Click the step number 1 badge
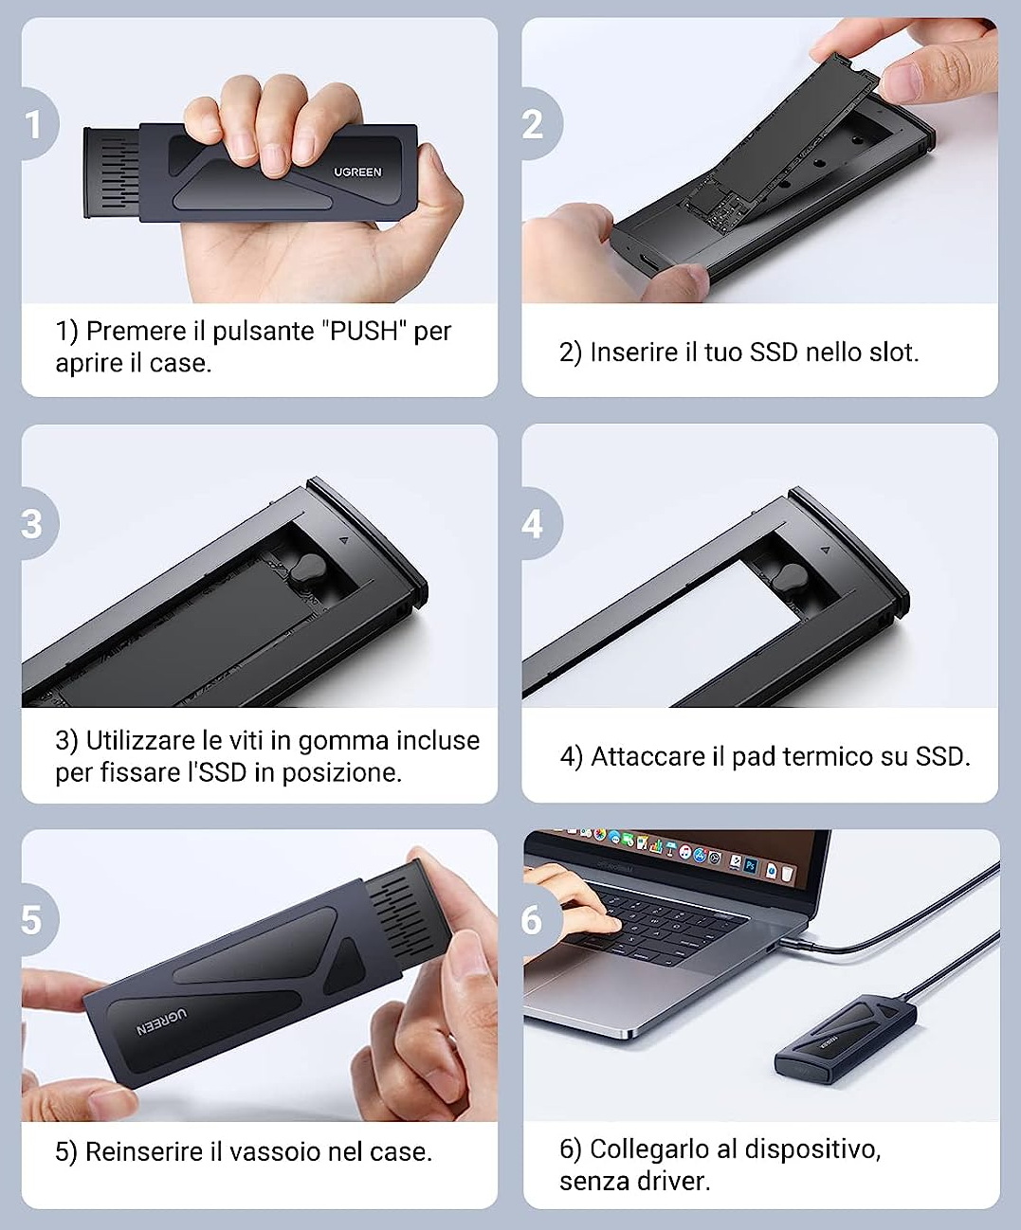(x=39, y=124)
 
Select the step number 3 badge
(x=39, y=524)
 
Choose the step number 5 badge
(x=39, y=920)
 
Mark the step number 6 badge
(x=540, y=920)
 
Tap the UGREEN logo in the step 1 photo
(x=357, y=172)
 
